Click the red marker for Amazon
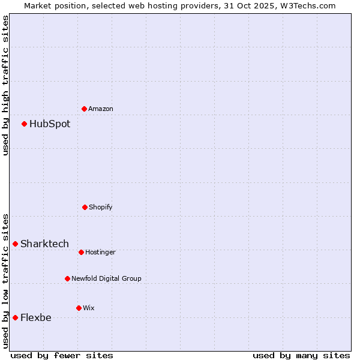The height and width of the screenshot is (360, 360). point(85,109)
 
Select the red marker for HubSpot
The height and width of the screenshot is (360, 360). point(25,124)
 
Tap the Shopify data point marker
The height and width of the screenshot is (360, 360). point(85,207)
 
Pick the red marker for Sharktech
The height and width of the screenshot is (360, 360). point(16,244)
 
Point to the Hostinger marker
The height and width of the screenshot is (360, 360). point(81,252)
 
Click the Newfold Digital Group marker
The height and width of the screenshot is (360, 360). point(67,278)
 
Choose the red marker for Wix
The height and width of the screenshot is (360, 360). point(79,308)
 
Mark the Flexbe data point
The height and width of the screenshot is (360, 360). point(16,317)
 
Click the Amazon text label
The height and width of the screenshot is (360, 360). point(101,109)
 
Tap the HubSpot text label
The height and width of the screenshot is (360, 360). point(50,124)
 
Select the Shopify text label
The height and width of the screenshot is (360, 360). point(101,208)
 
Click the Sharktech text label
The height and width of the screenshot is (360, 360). point(44,244)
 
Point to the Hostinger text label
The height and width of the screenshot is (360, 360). point(100,253)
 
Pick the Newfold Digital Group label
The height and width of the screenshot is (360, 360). point(106,279)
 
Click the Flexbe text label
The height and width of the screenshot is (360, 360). point(36,318)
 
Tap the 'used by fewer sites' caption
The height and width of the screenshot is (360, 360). point(62,355)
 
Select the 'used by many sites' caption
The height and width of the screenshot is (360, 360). point(301,355)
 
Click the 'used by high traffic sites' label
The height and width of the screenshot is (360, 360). point(5,85)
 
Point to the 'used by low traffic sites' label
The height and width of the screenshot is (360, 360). point(5,280)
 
